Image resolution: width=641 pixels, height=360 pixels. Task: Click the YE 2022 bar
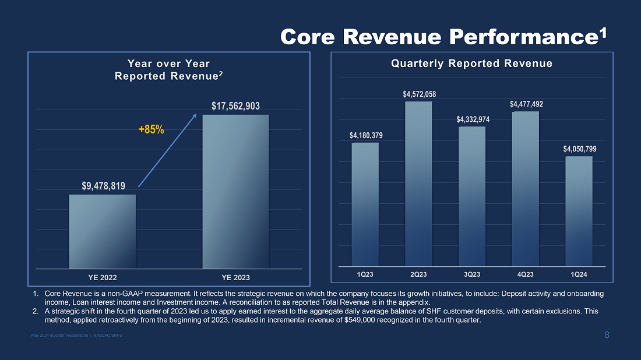point(103,231)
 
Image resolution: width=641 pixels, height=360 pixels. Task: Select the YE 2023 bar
point(235,191)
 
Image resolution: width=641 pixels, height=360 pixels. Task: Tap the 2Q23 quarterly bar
point(418,183)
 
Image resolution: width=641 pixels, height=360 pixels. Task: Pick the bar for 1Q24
point(579,211)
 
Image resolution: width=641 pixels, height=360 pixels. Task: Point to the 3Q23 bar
point(472,196)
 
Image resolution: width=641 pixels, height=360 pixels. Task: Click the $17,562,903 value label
point(235,106)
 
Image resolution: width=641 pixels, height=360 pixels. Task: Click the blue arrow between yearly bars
point(167,151)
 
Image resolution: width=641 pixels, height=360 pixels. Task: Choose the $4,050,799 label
point(580,149)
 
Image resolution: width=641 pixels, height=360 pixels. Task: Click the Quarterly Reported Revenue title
point(471,63)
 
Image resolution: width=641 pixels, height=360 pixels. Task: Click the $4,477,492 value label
point(526,104)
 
